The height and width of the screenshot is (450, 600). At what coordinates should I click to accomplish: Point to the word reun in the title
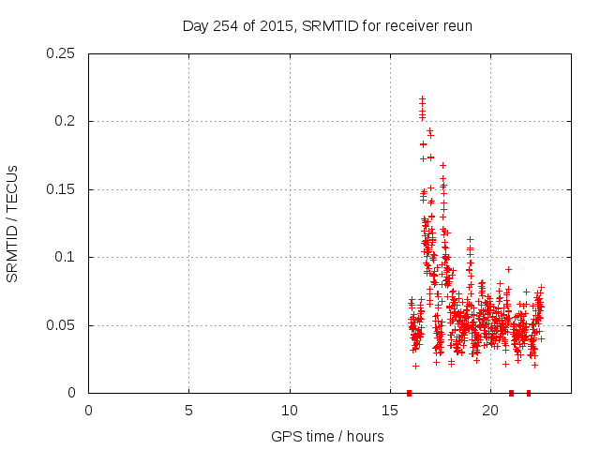click(458, 26)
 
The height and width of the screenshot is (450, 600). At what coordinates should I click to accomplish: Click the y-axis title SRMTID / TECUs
click(12, 223)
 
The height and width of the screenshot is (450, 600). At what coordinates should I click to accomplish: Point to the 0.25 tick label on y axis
click(62, 53)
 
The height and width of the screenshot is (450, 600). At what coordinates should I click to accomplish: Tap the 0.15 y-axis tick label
click(62, 189)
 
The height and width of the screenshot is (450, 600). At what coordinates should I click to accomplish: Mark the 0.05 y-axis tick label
click(62, 325)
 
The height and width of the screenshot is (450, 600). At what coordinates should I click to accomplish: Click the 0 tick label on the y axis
click(74, 393)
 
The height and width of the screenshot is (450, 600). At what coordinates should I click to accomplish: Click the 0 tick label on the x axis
click(88, 410)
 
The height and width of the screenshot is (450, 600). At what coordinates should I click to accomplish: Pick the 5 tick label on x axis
click(188, 410)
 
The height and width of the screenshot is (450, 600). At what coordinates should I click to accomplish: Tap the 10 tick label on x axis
click(290, 410)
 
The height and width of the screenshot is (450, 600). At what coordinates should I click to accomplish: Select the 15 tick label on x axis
click(390, 410)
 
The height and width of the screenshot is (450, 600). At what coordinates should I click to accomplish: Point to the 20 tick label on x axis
click(490, 410)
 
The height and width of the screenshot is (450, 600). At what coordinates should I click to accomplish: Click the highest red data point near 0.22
click(422, 97)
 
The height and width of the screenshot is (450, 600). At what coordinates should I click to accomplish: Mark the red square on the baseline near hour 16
click(409, 393)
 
